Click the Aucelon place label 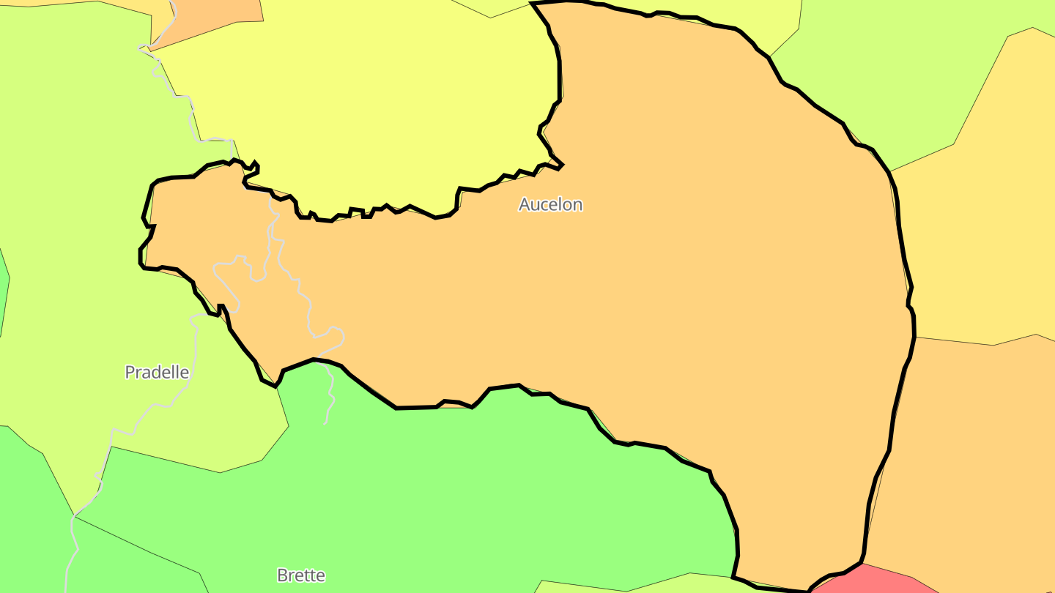tap(550, 204)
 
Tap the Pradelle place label tap(157, 372)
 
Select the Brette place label tap(300, 575)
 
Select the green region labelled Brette tap(440, 498)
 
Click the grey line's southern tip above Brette tap(325, 423)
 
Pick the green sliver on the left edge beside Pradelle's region tap(3, 293)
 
